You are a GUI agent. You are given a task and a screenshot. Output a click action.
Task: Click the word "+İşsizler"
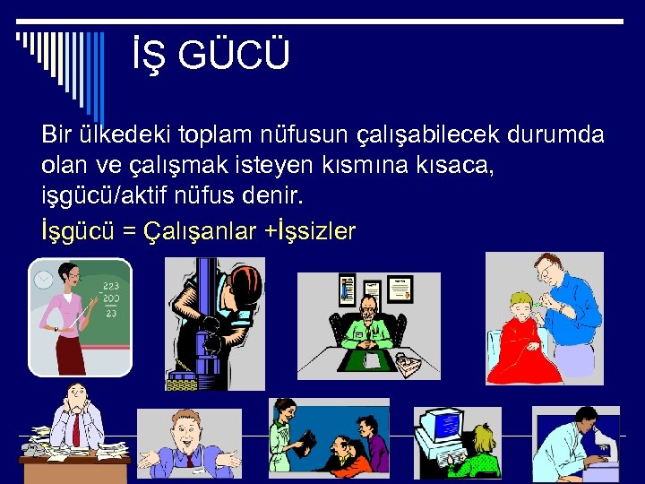[310, 231]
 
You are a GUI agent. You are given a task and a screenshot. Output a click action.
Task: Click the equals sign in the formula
[129, 232]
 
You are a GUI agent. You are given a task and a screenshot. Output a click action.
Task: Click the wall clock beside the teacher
[42, 280]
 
